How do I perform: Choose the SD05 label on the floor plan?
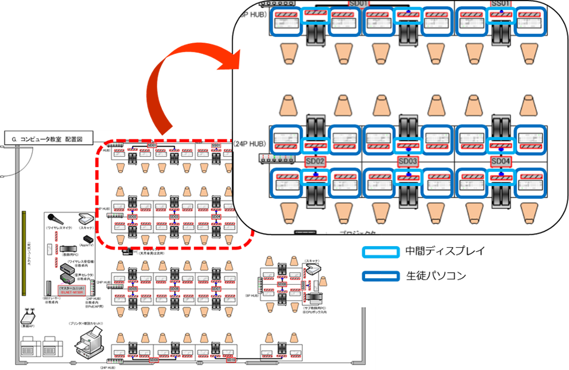tap(132, 289)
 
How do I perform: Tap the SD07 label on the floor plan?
tap(216, 289)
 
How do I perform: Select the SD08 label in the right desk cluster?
tap(282, 284)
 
